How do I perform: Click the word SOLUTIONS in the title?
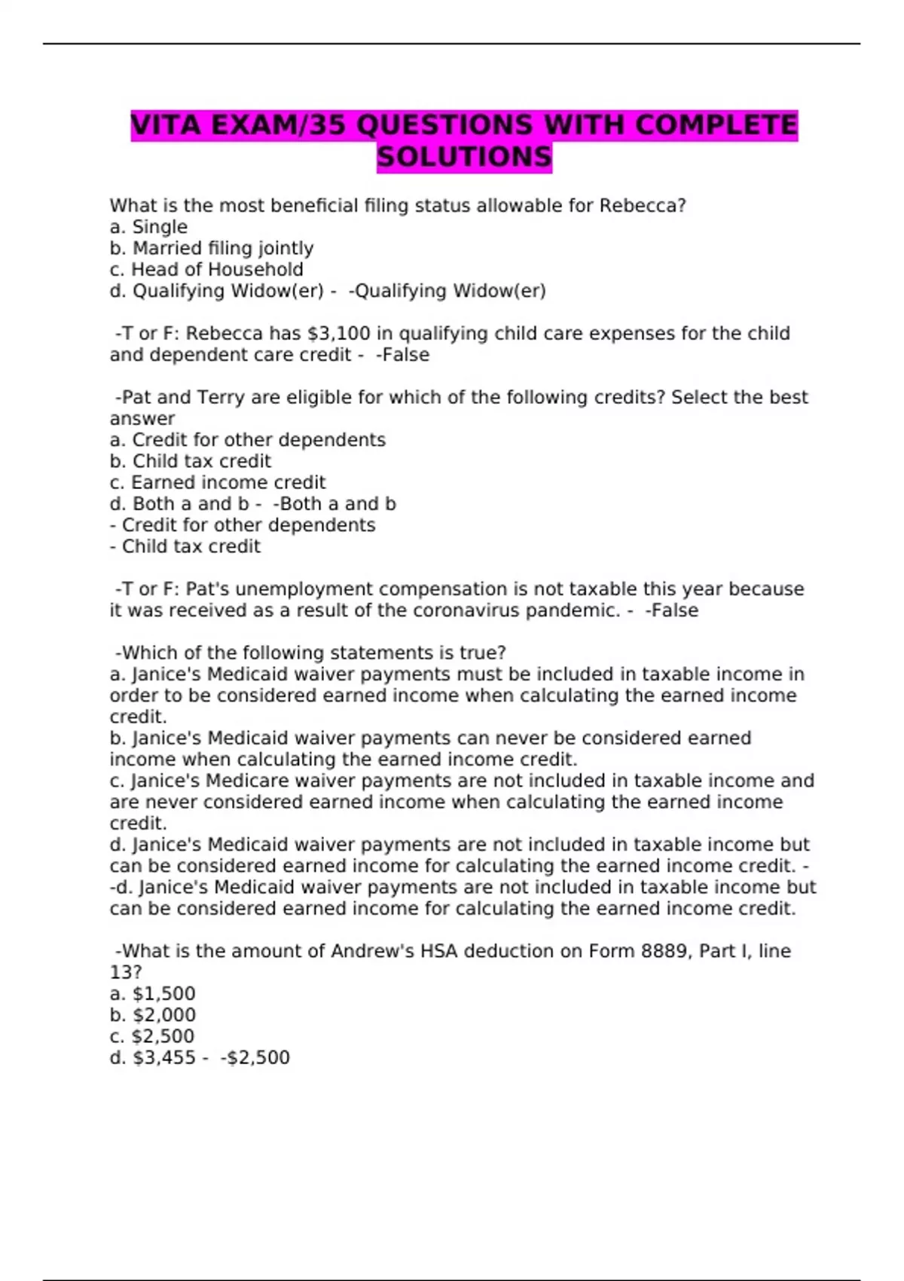point(464,157)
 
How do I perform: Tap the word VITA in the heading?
point(168,125)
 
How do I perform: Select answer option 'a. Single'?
point(148,227)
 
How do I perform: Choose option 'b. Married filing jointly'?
point(212,248)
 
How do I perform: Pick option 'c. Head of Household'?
point(206,269)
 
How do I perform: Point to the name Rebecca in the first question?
point(638,205)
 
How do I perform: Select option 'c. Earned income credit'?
point(218,482)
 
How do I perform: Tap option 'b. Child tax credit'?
point(190,461)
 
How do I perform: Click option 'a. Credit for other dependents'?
point(247,440)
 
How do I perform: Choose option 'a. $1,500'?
point(152,994)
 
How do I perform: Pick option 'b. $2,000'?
point(152,1015)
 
